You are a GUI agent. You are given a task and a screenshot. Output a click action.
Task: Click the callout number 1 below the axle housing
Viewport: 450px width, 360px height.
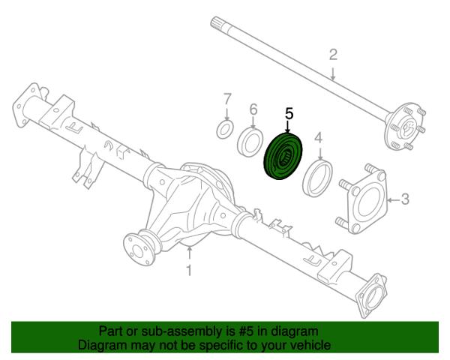189,271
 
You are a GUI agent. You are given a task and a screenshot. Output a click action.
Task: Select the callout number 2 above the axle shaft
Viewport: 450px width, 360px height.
333,55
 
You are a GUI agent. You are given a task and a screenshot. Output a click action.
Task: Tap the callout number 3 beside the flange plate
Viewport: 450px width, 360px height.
405,199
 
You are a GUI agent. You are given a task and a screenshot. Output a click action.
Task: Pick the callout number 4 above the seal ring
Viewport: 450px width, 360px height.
319,138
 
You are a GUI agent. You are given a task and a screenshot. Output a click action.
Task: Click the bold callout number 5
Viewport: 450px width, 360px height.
289,113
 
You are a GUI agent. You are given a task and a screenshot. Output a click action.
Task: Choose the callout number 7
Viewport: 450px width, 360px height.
227,99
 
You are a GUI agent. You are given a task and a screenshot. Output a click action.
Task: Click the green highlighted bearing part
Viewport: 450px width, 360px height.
283,157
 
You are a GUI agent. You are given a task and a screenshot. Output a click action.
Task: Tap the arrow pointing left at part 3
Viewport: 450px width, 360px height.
394,199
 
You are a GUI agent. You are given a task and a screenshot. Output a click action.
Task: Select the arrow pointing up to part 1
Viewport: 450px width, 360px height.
189,255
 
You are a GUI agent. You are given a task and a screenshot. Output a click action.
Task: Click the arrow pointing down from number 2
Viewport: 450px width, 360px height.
333,73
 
